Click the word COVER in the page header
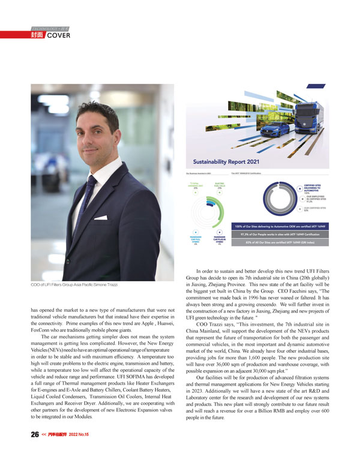tap(59, 35)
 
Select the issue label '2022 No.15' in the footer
tap(78, 434)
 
